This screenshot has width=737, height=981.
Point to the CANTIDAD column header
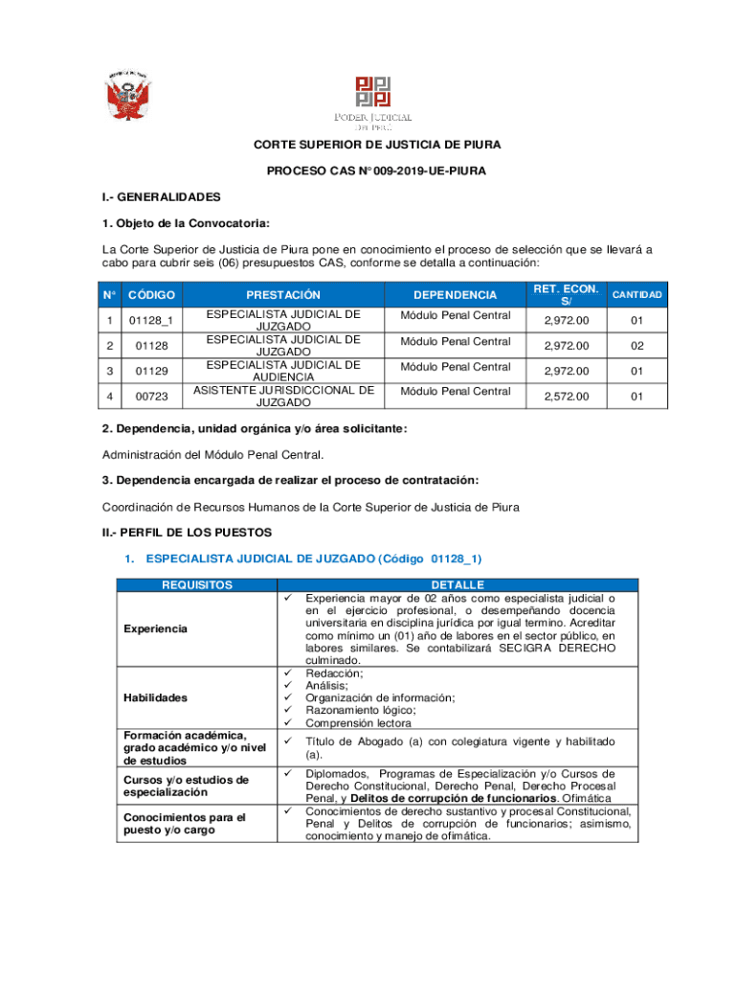636,294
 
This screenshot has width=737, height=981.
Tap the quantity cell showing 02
636,346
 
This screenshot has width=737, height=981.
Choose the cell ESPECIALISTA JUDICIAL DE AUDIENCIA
283,371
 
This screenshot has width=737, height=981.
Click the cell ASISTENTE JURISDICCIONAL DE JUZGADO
283,396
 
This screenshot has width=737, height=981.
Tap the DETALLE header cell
458,584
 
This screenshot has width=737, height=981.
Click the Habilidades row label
155,697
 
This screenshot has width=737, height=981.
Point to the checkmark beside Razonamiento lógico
286,710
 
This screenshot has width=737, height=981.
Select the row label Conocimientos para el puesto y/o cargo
184,824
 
